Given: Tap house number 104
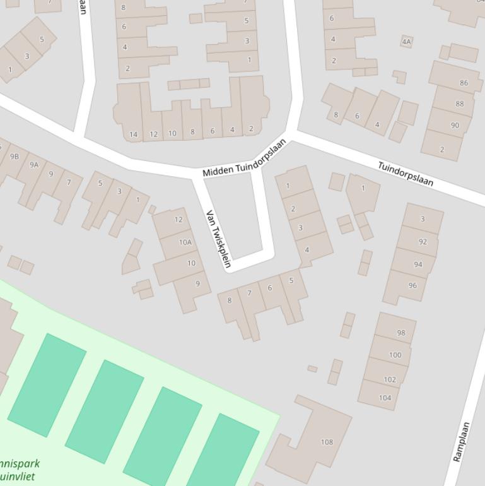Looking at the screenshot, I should coord(385,398).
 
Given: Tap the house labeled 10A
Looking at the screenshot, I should coord(185,242).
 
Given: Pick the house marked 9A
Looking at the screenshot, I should coord(34,165).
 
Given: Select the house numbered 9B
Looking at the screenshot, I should coord(15,156).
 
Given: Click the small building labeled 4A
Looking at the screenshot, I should coord(406,42).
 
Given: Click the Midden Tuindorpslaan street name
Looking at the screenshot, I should coord(245,158).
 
